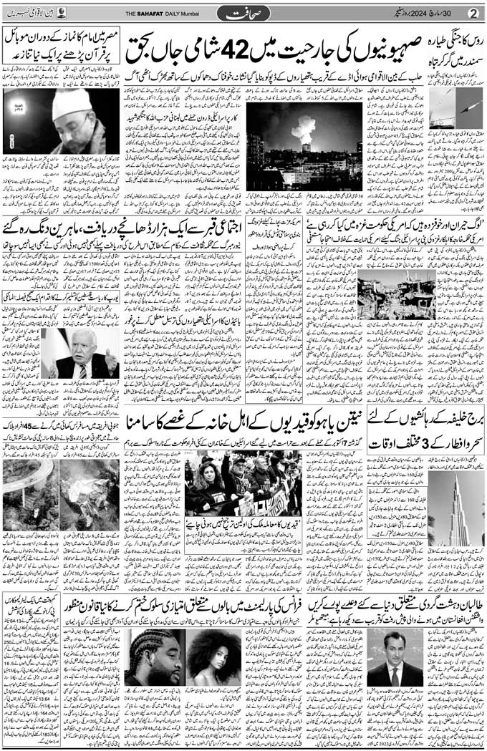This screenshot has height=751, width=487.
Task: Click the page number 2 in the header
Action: (x=473, y=13)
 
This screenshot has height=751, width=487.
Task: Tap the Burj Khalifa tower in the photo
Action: (x=458, y=511)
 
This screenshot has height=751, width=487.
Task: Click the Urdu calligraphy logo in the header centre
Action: (x=243, y=13)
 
